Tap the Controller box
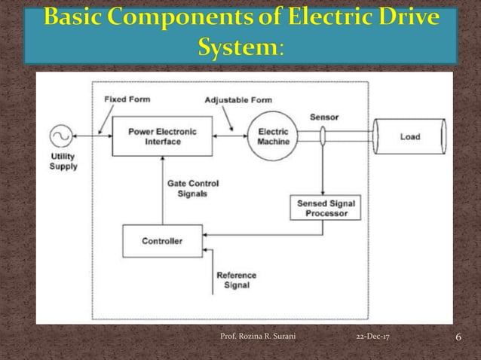(x=162, y=241)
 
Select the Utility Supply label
(x=63, y=161)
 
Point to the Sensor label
(x=324, y=117)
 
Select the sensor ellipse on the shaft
(x=322, y=136)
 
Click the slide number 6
(x=458, y=336)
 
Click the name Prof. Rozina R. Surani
(x=257, y=337)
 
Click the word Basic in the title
(x=75, y=18)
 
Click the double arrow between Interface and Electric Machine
(x=228, y=136)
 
